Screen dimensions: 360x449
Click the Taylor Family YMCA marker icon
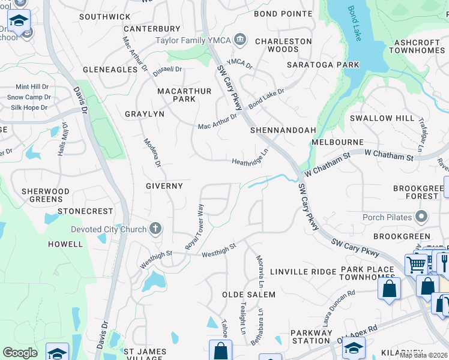point(240,40)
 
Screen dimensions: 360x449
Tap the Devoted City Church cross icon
point(155,229)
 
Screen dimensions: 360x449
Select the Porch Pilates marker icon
point(421,217)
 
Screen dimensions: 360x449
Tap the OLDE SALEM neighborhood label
point(249,295)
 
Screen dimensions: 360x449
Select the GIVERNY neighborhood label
point(164,186)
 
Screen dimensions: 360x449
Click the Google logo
point(20,352)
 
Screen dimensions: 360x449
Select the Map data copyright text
point(423,355)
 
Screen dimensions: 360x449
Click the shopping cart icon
point(415,264)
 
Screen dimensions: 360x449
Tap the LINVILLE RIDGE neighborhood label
point(303,272)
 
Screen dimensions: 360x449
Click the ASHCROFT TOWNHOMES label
point(418,47)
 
